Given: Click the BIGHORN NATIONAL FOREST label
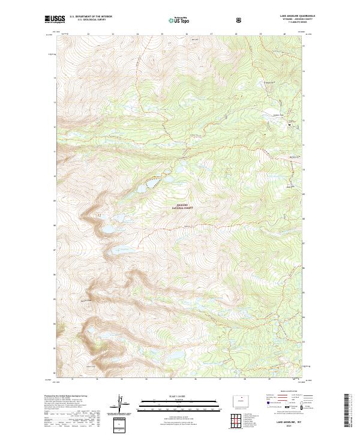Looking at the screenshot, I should [x=183, y=207].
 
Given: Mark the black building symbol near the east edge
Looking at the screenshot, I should [x=290, y=125].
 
